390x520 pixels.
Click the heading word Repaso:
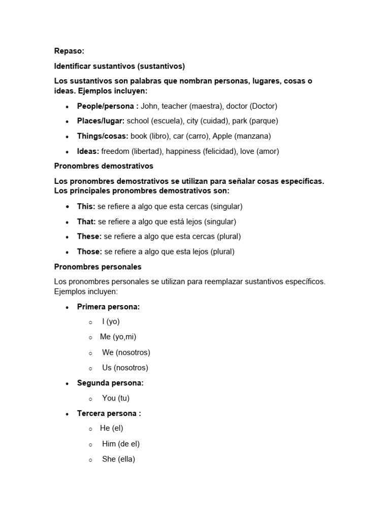(69, 51)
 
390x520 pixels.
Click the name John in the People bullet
(149, 106)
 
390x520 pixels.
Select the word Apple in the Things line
(222, 136)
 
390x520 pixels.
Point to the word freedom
(115, 151)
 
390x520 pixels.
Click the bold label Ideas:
(88, 151)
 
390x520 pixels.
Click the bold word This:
(86, 207)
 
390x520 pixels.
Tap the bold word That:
(86, 222)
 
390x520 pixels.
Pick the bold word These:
(89, 237)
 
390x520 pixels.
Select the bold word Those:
(89, 252)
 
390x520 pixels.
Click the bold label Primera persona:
(108, 307)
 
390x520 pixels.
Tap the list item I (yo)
(111, 321)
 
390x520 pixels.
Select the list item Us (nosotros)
(125, 368)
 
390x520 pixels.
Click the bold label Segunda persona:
(110, 383)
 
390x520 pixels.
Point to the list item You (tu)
(116, 398)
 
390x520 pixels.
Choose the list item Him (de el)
(121, 444)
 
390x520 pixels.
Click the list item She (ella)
(118, 459)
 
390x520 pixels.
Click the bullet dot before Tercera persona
(68, 414)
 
